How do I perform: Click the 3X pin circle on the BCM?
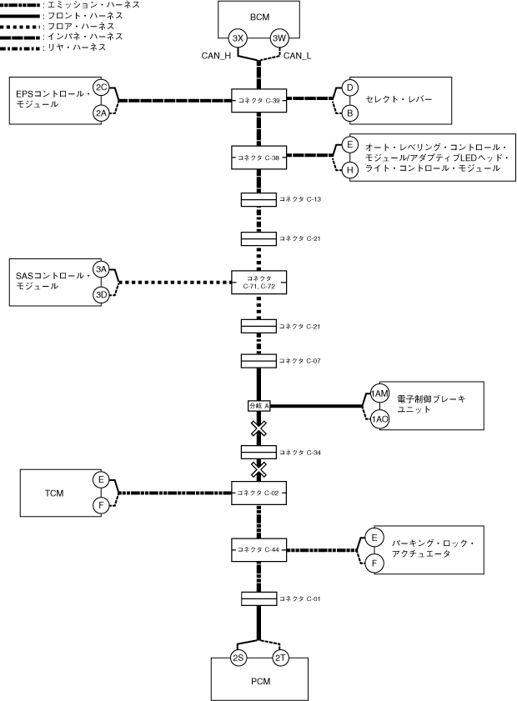[x=238, y=38]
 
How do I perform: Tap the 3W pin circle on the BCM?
[x=279, y=38]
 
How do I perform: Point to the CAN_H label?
[x=215, y=56]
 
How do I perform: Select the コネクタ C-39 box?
[x=258, y=102]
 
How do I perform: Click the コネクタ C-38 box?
[x=258, y=157]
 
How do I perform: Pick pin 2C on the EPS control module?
[x=101, y=88]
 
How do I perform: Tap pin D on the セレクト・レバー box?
[x=351, y=88]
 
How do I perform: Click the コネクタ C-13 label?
[x=300, y=200]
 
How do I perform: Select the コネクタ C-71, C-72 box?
[x=258, y=283]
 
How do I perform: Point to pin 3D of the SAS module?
[x=101, y=294]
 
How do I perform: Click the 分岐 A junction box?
[x=258, y=406]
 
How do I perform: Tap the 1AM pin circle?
[x=380, y=393]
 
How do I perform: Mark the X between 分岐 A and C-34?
[x=258, y=428]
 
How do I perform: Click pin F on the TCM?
[x=101, y=505]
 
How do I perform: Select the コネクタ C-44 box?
[x=258, y=549]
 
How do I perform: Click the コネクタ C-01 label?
[x=300, y=598]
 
